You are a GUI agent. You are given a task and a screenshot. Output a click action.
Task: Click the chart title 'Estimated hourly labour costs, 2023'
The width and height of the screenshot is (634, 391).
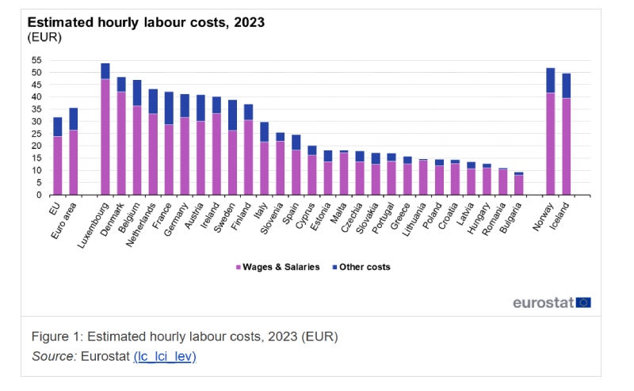[146, 22]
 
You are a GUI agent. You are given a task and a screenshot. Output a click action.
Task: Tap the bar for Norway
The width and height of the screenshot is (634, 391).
[551, 131]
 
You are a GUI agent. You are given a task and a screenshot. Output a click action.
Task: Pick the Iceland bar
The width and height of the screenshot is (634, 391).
[567, 134]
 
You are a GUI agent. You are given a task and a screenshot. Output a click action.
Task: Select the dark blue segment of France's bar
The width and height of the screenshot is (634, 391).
[169, 108]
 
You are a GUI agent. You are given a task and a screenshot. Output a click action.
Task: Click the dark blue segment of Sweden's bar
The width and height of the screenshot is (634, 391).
[232, 115]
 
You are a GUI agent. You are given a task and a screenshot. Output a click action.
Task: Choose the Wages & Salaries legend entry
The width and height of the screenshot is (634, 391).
[277, 268]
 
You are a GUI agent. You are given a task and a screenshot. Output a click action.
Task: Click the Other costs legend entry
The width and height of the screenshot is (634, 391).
[360, 268]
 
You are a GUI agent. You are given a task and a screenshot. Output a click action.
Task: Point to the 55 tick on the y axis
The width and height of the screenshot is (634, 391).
[36, 60]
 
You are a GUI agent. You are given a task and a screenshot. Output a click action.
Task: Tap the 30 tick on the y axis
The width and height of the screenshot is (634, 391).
[36, 122]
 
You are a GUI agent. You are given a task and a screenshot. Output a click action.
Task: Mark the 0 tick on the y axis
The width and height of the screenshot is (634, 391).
[39, 195]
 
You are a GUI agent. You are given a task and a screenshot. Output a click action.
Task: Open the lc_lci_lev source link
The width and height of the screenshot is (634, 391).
[164, 356]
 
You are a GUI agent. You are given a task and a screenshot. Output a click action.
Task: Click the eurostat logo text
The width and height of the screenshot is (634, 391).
[543, 302]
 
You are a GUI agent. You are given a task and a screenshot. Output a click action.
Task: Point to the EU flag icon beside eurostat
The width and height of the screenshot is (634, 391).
[583, 302]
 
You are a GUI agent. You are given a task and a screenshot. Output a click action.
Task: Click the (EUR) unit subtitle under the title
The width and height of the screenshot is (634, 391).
[44, 37]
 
